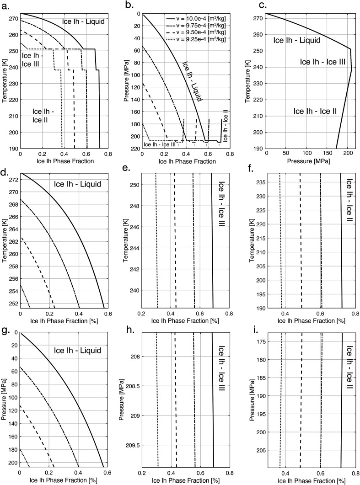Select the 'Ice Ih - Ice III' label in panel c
coord(322,62)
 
